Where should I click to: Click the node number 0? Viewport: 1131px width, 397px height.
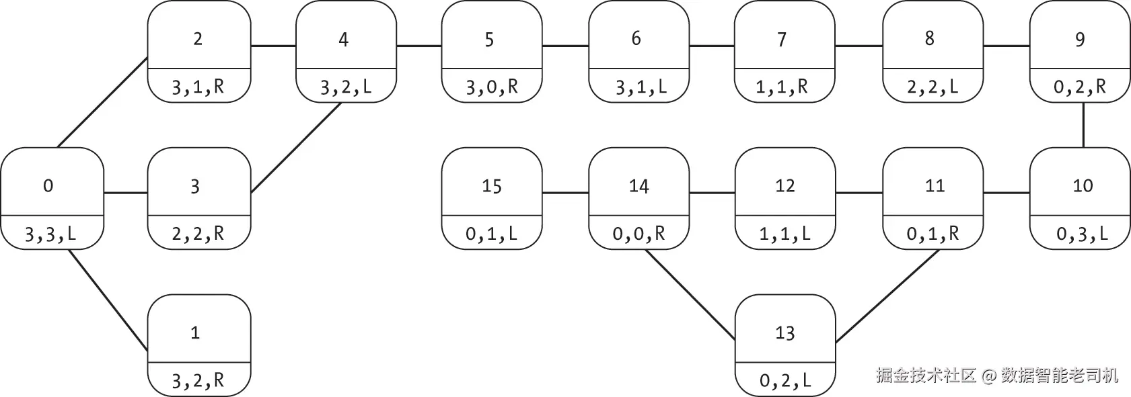(x=48, y=186)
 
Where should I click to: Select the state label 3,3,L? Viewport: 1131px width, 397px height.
(x=50, y=234)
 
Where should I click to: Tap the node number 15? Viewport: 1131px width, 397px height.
(x=491, y=186)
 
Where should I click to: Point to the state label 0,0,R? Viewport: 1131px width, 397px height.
(x=639, y=234)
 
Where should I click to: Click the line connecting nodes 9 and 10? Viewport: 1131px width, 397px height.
(x=1083, y=125)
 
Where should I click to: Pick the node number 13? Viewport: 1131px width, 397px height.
(x=785, y=333)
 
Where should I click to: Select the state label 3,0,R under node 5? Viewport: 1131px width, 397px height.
(x=492, y=87)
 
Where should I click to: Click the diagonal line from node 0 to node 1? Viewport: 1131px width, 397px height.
(x=108, y=300)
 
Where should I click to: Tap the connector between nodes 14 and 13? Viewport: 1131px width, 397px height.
(x=691, y=295)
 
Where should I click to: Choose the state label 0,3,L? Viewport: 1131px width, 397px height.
(x=1082, y=234)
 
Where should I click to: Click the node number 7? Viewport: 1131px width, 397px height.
(x=782, y=39)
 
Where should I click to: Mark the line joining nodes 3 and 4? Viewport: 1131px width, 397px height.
(x=297, y=148)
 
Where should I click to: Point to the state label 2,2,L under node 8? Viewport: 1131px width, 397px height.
(x=932, y=87)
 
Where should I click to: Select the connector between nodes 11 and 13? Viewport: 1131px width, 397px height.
(x=887, y=296)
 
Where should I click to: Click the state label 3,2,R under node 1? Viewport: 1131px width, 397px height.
(x=198, y=381)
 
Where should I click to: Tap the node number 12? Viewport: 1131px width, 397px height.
(x=785, y=186)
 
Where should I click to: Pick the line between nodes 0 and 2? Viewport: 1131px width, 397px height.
(x=102, y=102)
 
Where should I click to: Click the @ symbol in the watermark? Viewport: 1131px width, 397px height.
(x=989, y=376)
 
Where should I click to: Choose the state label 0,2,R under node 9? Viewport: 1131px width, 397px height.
(x=1079, y=87)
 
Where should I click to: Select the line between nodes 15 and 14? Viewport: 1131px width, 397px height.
(x=565, y=193)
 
